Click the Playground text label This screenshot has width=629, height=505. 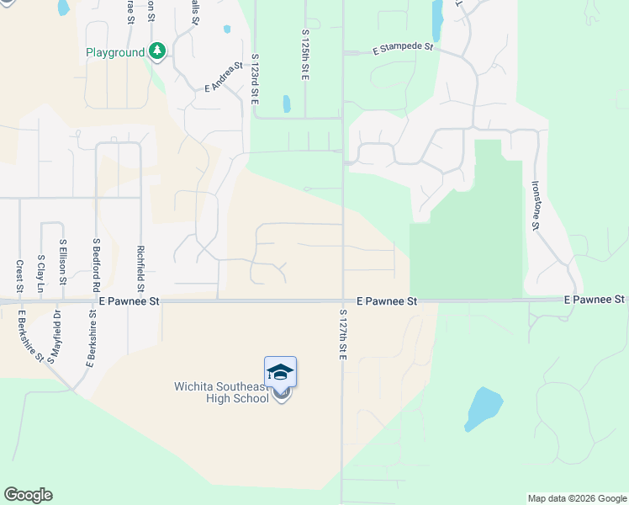tap(115, 52)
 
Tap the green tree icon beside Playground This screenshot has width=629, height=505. tap(157, 51)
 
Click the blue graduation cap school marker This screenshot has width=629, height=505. tap(280, 372)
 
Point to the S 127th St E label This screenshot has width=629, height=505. tap(343, 335)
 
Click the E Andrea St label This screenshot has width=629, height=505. tap(224, 77)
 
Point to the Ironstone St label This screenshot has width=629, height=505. tap(535, 205)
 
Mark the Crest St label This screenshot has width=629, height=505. tap(18, 274)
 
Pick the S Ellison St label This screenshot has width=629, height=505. tap(62, 263)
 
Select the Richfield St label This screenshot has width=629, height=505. tap(140, 266)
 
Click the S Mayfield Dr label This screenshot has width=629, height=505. tap(55, 337)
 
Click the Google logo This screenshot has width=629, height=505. tap(28, 495)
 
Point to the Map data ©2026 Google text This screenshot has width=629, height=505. tap(576, 498)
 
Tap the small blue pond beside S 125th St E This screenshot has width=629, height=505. tap(287, 104)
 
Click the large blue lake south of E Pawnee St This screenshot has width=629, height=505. tap(485, 409)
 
